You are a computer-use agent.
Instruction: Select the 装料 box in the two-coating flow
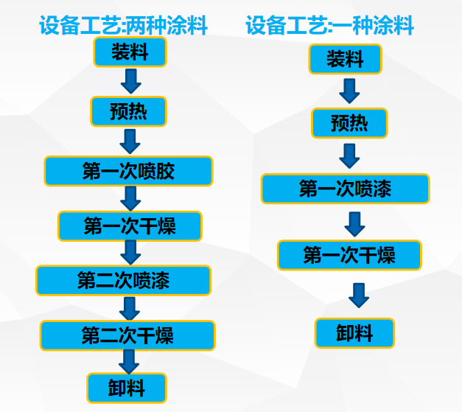[x=130, y=52]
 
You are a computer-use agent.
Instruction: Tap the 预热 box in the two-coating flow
[x=129, y=111]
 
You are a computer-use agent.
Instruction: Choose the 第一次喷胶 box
[x=128, y=171]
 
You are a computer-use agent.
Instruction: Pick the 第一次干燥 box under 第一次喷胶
[x=130, y=226]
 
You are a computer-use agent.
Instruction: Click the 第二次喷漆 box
[x=123, y=280]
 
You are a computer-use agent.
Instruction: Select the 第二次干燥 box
[x=127, y=335]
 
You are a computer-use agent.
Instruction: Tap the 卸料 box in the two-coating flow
[x=127, y=388]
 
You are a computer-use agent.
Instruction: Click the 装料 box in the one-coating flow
[x=345, y=59]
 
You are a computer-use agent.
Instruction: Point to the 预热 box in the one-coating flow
[x=349, y=122]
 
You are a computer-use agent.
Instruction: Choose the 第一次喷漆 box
[x=345, y=189]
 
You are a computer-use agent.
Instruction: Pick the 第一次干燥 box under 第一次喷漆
[x=349, y=255]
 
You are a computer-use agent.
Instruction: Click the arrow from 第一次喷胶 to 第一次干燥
[x=131, y=198]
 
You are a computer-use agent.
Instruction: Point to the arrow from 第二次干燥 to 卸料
[x=129, y=361]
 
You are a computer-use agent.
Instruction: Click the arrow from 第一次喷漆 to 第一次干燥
[x=354, y=223]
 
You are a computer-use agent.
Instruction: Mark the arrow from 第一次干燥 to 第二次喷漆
[x=130, y=252]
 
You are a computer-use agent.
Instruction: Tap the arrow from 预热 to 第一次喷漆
[x=349, y=156]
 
